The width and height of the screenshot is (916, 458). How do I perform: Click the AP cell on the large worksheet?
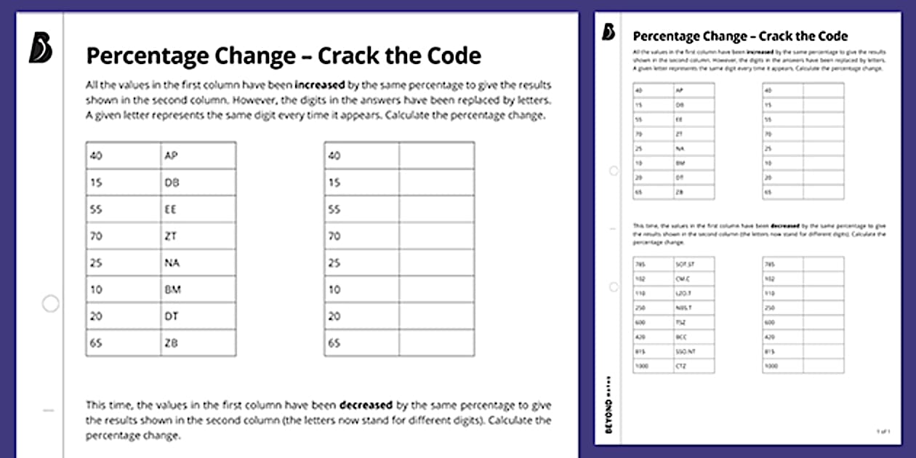click(x=172, y=156)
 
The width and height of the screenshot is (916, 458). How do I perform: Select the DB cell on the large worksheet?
click(x=172, y=182)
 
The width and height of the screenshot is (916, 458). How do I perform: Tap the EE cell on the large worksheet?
click(x=172, y=209)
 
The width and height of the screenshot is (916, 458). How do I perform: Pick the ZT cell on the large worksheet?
click(x=172, y=236)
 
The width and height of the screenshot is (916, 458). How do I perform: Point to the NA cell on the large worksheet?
click(x=172, y=262)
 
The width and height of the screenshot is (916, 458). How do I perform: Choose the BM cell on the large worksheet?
click(x=173, y=289)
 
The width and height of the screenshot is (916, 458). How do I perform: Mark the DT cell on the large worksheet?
click(x=172, y=316)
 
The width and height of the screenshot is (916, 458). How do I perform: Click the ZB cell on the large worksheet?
click(x=172, y=342)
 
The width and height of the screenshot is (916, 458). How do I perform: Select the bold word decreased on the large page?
click(x=366, y=405)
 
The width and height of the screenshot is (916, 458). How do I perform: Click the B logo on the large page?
click(x=41, y=49)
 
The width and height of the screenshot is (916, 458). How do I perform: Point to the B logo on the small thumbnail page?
click(x=608, y=33)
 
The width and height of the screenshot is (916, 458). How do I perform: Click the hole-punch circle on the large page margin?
click(x=50, y=304)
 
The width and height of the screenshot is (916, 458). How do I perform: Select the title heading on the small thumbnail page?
click(x=740, y=36)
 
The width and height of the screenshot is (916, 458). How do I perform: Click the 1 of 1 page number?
click(x=883, y=432)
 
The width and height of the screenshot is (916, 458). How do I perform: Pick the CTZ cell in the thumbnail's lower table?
click(x=681, y=366)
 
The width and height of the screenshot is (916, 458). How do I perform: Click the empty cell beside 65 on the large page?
click(x=436, y=342)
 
